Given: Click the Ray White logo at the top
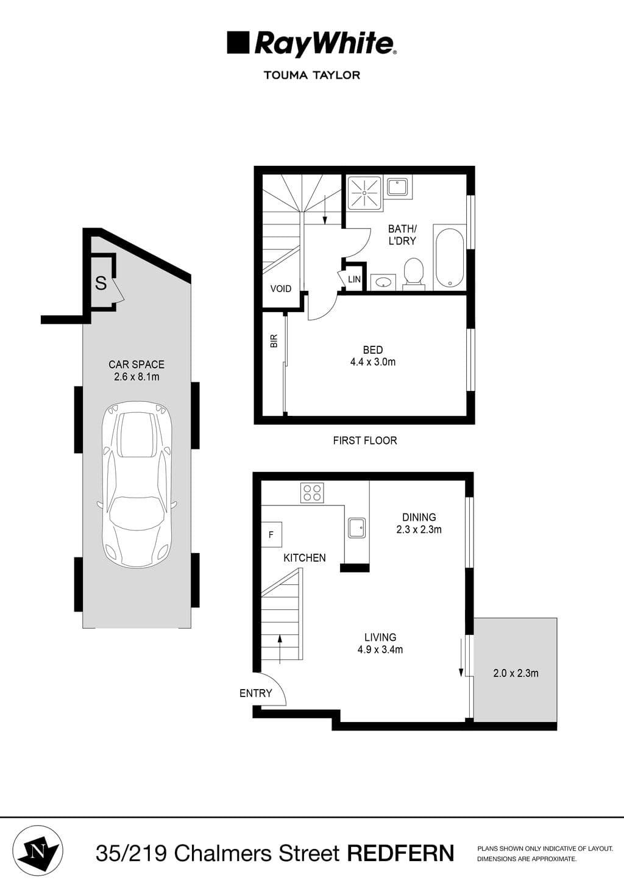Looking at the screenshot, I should pyautogui.click(x=311, y=44).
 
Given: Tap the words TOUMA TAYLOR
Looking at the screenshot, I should pyautogui.click(x=311, y=75).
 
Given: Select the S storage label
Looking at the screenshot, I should pyautogui.click(x=101, y=283).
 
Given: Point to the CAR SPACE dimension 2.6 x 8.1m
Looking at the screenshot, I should pyautogui.click(x=136, y=377).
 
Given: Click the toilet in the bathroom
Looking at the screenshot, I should pyautogui.click(x=413, y=272).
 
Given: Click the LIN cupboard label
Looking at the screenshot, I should pyautogui.click(x=354, y=279).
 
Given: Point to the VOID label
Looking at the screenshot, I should pyautogui.click(x=280, y=288).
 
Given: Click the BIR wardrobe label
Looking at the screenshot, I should pyautogui.click(x=274, y=340).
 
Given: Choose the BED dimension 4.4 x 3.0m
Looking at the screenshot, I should pyautogui.click(x=372, y=362).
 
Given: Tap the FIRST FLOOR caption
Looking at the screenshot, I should pyautogui.click(x=364, y=440).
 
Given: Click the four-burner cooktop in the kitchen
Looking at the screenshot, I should pyautogui.click(x=312, y=493).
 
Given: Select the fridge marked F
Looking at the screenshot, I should pyautogui.click(x=271, y=535).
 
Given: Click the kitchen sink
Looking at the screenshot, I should pyautogui.click(x=356, y=527).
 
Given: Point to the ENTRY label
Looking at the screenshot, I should pyautogui.click(x=255, y=693).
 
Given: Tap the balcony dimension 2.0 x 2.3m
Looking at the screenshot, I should pyautogui.click(x=516, y=673).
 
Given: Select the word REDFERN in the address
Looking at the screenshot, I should pyautogui.click(x=400, y=853).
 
